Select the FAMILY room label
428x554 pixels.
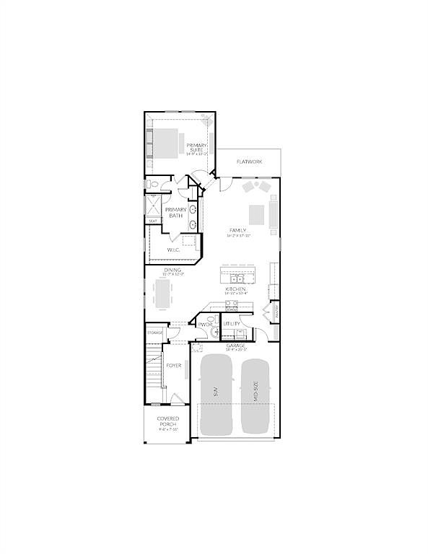click(x=237, y=231)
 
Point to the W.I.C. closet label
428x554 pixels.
click(x=173, y=250)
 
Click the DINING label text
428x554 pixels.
click(x=172, y=270)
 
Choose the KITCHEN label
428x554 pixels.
click(x=236, y=289)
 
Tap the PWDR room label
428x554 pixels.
click(x=204, y=325)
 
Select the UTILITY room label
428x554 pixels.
click(x=230, y=325)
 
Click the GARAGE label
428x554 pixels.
click(x=235, y=346)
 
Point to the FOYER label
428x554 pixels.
click(x=174, y=366)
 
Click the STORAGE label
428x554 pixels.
click(x=154, y=333)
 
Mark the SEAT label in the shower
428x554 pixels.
click(x=153, y=221)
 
